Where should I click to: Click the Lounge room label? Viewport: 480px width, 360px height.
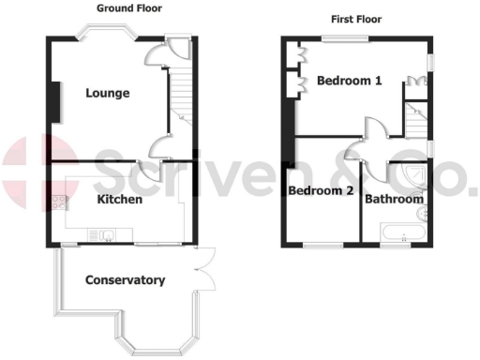tap(107, 93)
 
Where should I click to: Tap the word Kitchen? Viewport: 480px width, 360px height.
tap(120, 200)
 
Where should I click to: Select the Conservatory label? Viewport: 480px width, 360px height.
tap(125, 280)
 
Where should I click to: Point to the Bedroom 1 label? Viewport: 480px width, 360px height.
tap(349, 81)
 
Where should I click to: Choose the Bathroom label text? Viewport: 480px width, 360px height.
tap(394, 199)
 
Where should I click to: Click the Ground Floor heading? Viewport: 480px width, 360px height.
tap(129, 8)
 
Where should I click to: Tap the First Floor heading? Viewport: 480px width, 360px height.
tap(357, 19)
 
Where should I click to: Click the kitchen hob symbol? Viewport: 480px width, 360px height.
tap(62, 202)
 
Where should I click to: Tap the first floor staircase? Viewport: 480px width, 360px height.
tap(413, 118)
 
